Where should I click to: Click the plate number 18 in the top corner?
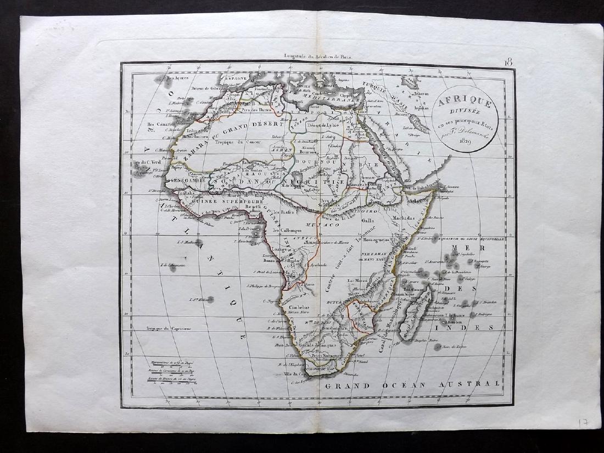[x=508, y=61]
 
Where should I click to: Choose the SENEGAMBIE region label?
[x=186, y=181]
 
